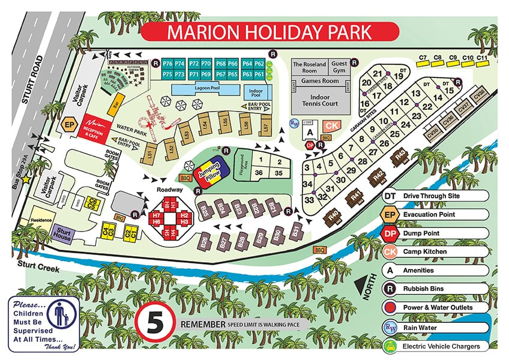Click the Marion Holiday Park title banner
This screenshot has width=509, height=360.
tap(270, 31)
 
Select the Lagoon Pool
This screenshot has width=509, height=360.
tap(203, 89)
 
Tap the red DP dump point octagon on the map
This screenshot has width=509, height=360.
tap(310, 145)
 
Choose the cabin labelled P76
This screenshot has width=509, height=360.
tap(167, 64)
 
